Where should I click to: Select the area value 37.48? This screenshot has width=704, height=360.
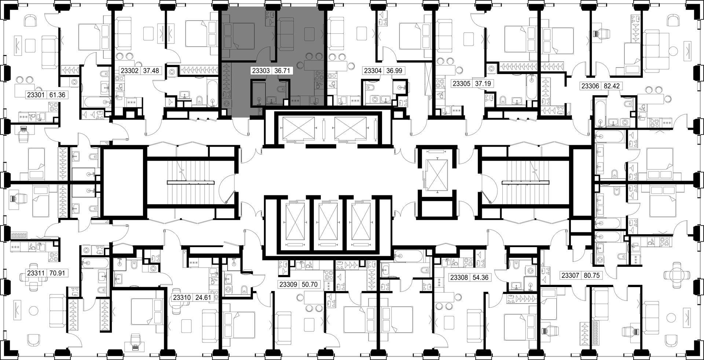pyautogui.click(x=151, y=70)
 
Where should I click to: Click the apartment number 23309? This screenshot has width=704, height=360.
pyautogui.click(x=289, y=284)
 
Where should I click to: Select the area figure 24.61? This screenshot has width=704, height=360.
pyautogui.click(x=202, y=297)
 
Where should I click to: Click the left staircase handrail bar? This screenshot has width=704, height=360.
pyautogui.click(x=191, y=182)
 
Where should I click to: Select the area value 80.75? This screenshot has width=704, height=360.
pyautogui.click(x=591, y=275)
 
